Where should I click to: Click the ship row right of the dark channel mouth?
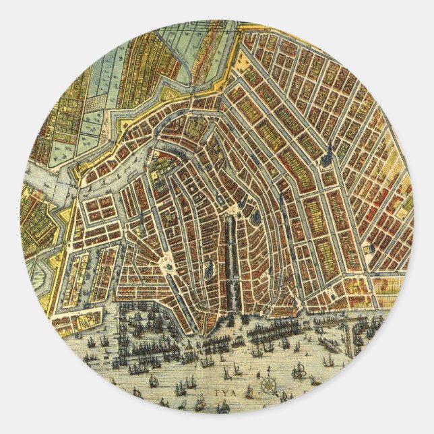point(283,330)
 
